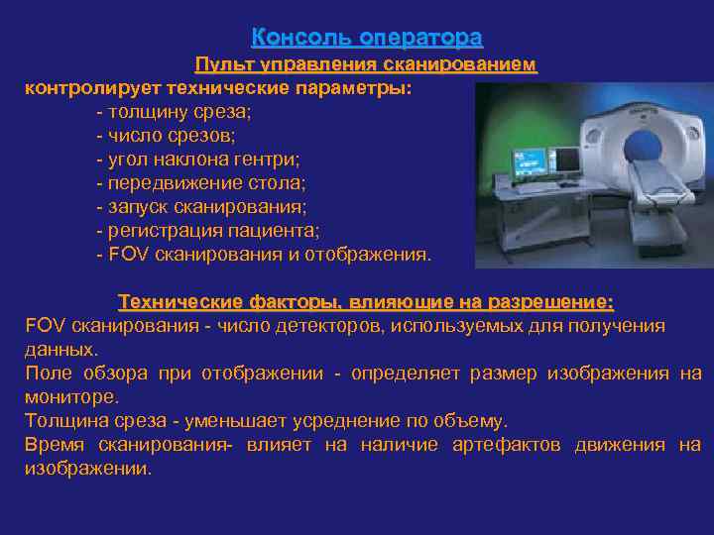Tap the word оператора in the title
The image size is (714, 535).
[x=421, y=38]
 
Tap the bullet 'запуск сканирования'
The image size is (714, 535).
[x=201, y=207]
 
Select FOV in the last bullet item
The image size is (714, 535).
[x=126, y=255]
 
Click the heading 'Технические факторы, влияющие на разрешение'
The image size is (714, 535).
[x=366, y=301]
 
